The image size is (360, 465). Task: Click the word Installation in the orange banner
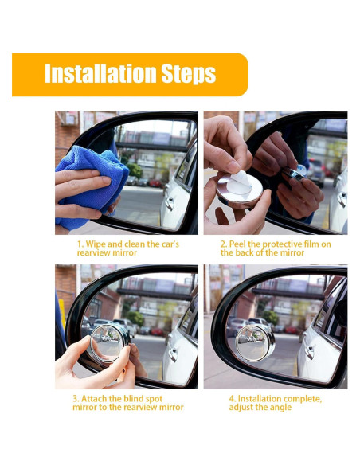click(100, 73)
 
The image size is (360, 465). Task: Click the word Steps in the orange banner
click(189, 74)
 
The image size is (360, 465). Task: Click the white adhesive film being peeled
click(241, 182)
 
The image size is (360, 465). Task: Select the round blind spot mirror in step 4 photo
click(255, 342)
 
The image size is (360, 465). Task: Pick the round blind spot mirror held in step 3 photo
click(109, 343)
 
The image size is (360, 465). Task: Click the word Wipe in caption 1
click(96, 244)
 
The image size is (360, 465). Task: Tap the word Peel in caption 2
click(237, 244)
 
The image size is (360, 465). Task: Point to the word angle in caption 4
click(280, 408)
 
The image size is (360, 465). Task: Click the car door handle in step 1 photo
click(170, 203)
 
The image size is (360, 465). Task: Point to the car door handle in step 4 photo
click(309, 352)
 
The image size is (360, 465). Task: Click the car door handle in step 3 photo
click(173, 354)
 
